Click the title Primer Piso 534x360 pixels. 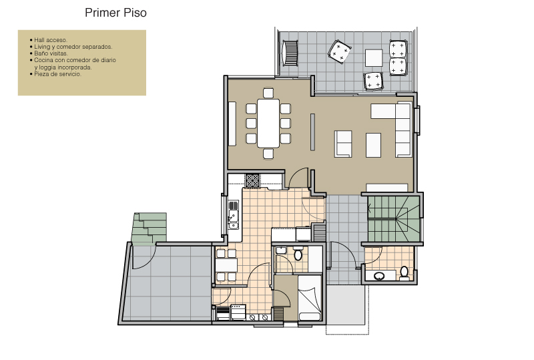coord(115,13)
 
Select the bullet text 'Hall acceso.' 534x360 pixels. coord(51,40)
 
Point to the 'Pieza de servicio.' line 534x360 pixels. coord(57,74)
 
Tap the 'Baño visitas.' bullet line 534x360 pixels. coord(51,53)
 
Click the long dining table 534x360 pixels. coord(268,123)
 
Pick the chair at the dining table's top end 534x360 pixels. coord(268,93)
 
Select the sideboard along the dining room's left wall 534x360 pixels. coord(232,124)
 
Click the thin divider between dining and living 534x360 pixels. coord(312,132)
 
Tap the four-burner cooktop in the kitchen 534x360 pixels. coord(253,180)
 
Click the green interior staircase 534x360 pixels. coord(394,219)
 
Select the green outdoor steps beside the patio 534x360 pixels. coord(150,228)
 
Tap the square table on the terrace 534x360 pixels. coord(374,58)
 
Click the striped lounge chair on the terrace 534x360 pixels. coord(290,53)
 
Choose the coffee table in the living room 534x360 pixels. coord(373,145)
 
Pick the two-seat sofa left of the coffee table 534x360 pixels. coord(343,144)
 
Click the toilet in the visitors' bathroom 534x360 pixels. coord(404,273)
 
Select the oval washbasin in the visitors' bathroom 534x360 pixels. coord(379,275)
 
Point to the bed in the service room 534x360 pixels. coord(310,298)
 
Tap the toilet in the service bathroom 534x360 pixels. coord(298,254)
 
